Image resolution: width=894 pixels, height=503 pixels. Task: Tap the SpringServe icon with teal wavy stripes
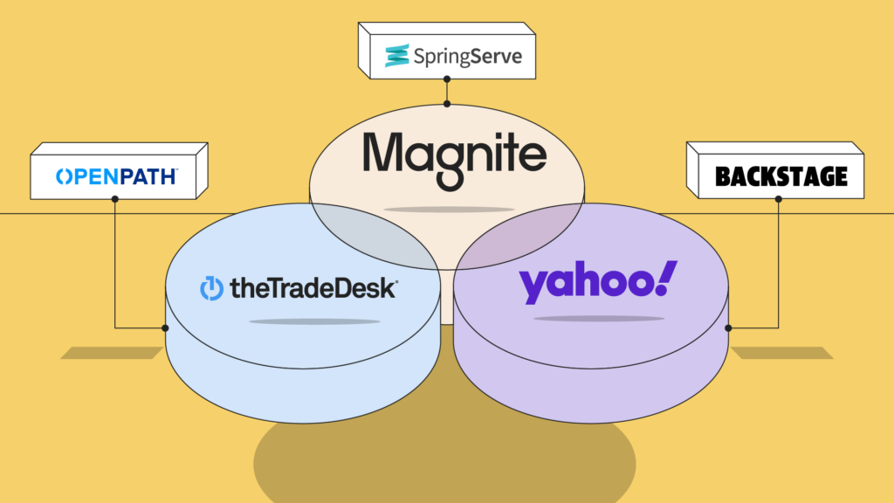398,55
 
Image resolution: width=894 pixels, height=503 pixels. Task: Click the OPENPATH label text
117,176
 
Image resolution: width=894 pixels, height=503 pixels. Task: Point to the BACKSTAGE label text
781,177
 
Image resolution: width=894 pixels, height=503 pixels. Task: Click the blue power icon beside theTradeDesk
212,288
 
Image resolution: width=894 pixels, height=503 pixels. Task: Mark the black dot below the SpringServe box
447,78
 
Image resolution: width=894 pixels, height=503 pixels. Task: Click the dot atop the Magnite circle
447,104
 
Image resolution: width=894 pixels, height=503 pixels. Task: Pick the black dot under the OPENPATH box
115,198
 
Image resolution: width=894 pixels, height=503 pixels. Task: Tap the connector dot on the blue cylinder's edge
165,328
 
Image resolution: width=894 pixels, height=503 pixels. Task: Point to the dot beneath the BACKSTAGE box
778,198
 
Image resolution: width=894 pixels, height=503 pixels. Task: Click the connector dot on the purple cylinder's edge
728,328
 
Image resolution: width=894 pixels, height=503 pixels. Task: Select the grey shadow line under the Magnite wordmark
449,209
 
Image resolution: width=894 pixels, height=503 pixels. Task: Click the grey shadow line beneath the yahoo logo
598,319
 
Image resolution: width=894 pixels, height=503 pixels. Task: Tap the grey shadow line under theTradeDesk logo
314,321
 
